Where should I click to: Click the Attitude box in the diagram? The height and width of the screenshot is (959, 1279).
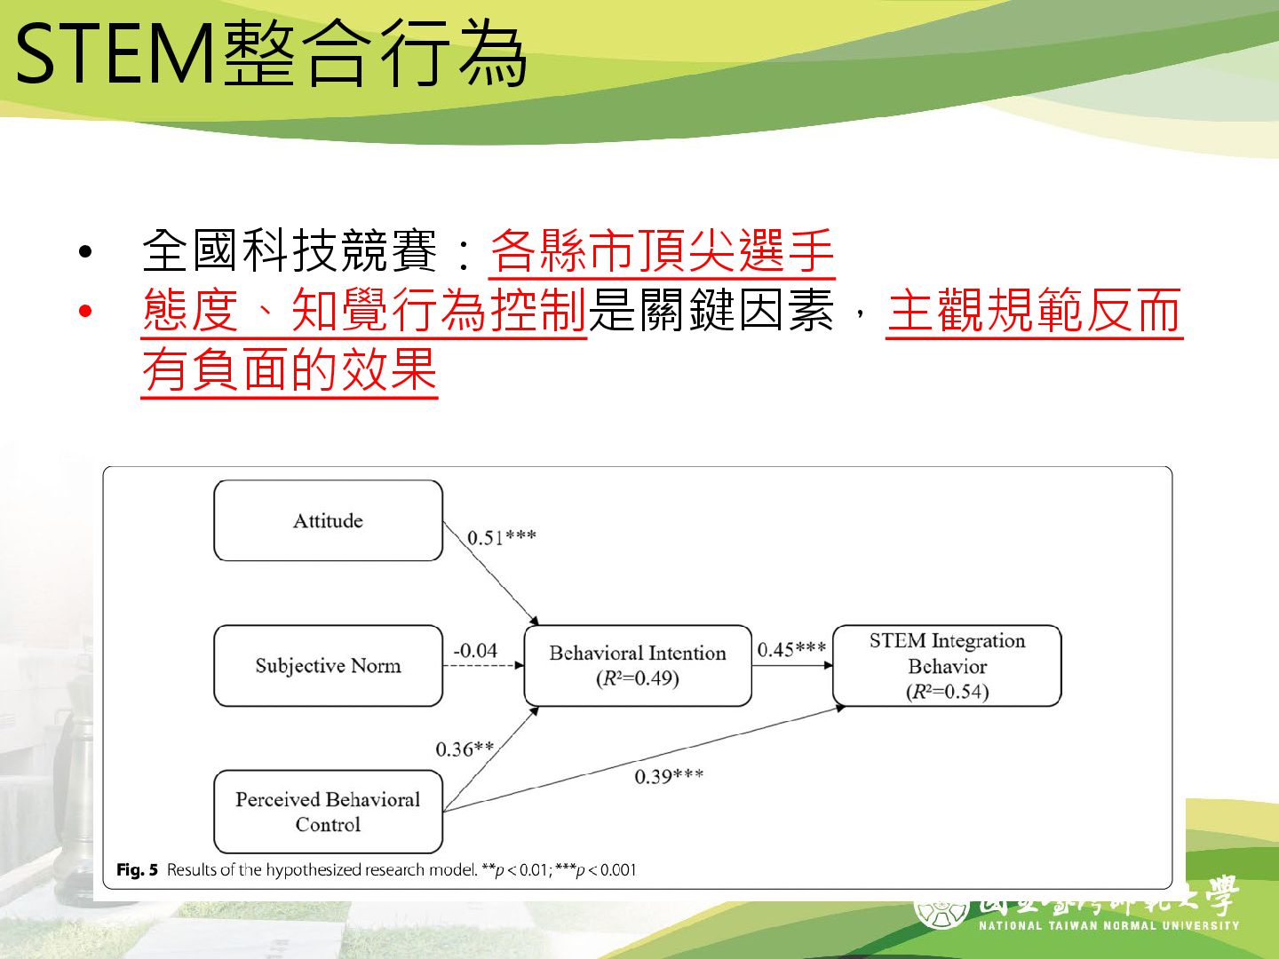coord(328,520)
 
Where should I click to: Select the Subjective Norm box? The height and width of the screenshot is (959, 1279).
coord(328,666)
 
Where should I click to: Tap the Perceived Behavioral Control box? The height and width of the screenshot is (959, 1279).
coord(328,812)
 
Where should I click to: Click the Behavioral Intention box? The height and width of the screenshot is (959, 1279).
coord(637,665)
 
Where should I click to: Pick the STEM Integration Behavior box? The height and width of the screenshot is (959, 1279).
coord(947,665)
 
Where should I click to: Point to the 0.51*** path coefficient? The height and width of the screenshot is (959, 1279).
coord(502,537)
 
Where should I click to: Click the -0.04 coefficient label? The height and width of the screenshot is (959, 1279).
coord(475,650)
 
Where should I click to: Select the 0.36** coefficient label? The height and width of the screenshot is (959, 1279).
coord(465,749)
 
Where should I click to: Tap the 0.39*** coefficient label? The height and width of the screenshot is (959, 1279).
coord(669,777)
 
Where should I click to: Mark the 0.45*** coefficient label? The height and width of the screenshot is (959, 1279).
coord(791,649)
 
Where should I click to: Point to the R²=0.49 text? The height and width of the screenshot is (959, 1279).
coord(638,679)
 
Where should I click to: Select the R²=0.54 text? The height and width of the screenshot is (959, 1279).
coord(948,692)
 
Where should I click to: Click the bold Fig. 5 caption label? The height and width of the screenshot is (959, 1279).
coord(137,870)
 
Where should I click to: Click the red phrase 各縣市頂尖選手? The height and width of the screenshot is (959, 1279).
coord(662,250)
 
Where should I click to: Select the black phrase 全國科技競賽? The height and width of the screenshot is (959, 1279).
coord(290,250)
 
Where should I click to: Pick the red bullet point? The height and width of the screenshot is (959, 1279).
coord(85,311)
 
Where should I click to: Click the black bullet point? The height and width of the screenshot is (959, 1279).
coord(85,251)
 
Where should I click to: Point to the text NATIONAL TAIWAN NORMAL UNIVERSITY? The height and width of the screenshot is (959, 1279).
coord(1108,925)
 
